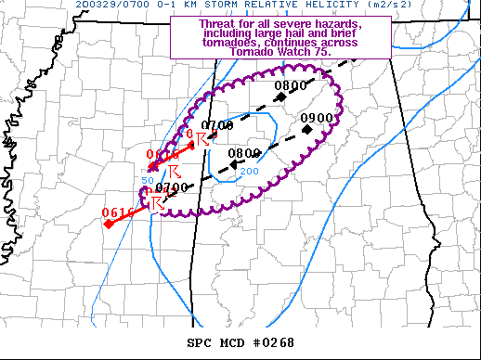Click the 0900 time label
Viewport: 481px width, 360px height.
pos(317,118)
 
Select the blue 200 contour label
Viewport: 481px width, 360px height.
pos(250,172)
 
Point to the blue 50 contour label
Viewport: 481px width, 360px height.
pos(147,179)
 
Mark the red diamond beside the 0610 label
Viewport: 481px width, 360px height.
pos(109,225)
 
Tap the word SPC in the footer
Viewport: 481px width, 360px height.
pos(200,343)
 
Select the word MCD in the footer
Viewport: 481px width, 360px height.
pos(231,343)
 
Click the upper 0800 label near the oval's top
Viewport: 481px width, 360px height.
pos(291,86)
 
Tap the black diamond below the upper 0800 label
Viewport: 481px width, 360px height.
pos(279,98)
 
